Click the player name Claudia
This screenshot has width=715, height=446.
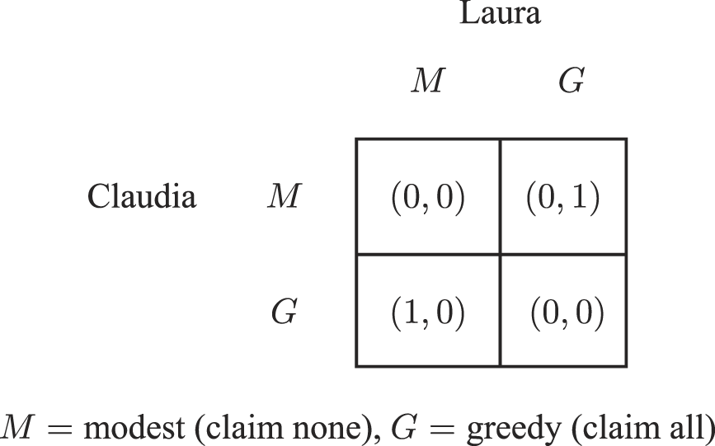(x=141, y=196)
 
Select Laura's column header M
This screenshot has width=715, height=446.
(x=428, y=80)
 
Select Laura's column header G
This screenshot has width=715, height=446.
(x=572, y=80)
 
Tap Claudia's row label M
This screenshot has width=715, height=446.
(x=284, y=196)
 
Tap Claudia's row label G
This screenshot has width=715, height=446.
(x=284, y=312)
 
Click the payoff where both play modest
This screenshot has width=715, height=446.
(x=428, y=197)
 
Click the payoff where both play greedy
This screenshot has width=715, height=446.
(x=567, y=312)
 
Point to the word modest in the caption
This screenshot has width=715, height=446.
(x=134, y=428)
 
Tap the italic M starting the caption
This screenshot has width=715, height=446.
(x=17, y=428)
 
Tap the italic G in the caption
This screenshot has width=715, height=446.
(x=406, y=428)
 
